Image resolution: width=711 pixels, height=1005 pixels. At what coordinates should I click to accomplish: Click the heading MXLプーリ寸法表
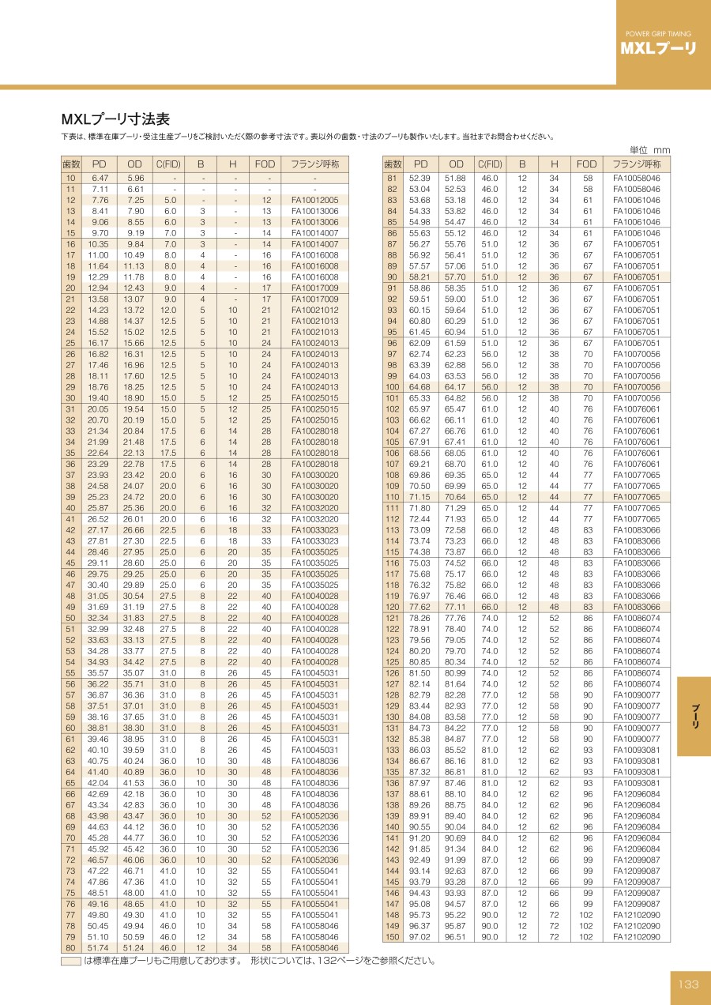tap(115, 119)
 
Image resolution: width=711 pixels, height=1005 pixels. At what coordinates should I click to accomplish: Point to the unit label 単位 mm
tap(649, 150)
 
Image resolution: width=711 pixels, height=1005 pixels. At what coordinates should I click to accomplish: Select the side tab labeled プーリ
tap(695, 715)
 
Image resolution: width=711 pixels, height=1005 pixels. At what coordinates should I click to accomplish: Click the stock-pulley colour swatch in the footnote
tap(71, 961)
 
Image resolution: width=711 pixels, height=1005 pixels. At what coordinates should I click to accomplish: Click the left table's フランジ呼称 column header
tap(314, 164)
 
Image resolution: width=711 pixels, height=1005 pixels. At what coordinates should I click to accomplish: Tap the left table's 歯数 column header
tap(71, 164)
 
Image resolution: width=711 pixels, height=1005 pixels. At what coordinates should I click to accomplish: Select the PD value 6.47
tap(100, 179)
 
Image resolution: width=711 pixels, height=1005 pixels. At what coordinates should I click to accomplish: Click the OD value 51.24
tap(136, 948)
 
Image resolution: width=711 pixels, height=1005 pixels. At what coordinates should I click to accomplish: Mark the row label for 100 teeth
tap(393, 387)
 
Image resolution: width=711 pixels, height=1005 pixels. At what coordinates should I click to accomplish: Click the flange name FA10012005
tap(314, 201)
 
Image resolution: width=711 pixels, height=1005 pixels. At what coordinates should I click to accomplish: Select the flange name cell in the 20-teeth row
tap(314, 288)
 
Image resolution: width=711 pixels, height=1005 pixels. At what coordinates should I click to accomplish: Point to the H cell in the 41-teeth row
tap(233, 519)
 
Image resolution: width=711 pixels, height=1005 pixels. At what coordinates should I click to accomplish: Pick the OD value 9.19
tap(136, 233)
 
